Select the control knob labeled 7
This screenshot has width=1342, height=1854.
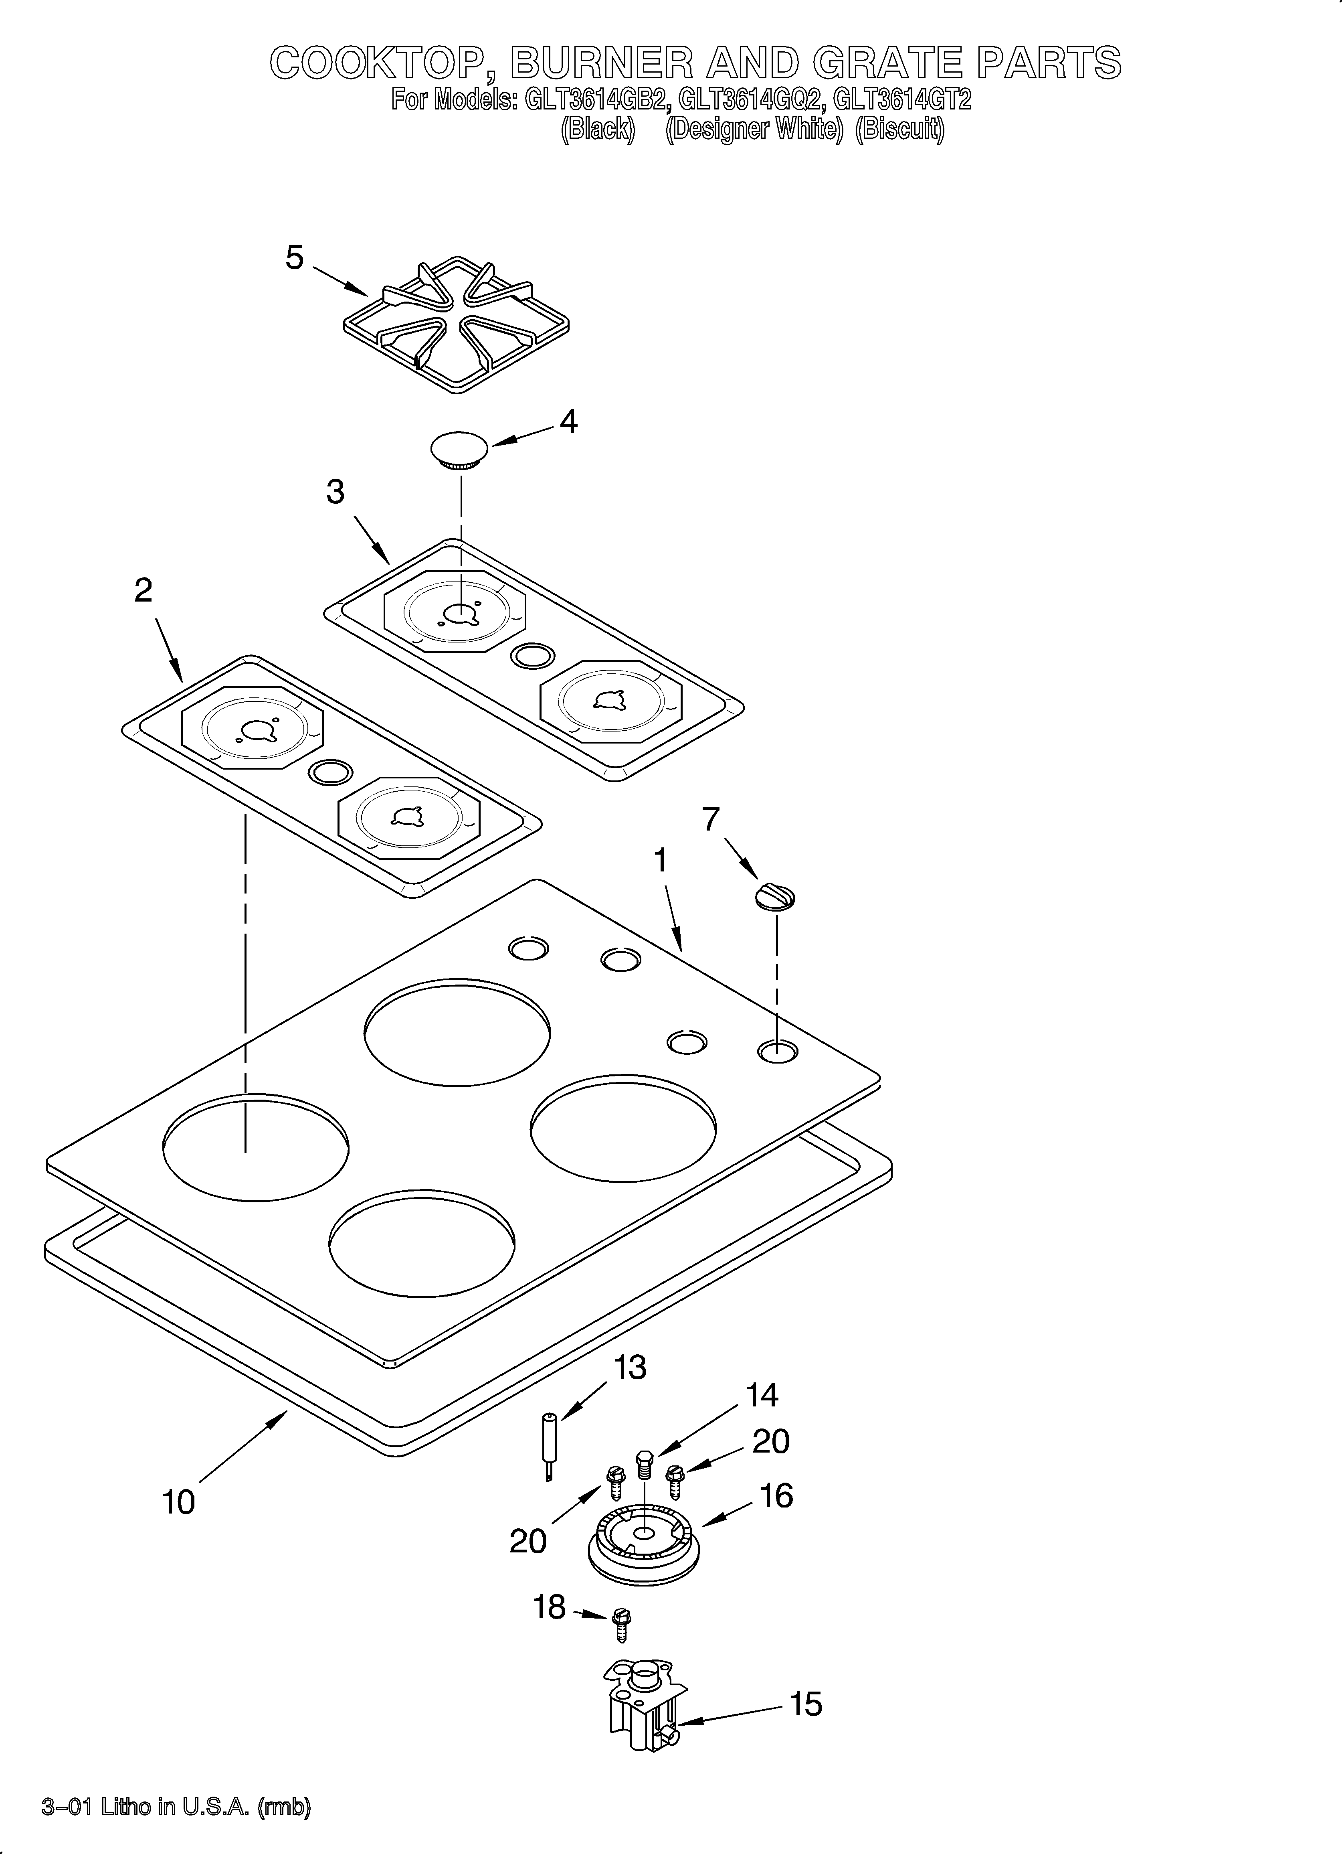click(x=775, y=897)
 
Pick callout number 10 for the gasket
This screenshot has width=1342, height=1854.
click(x=178, y=1501)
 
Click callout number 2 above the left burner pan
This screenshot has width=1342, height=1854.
click(x=143, y=590)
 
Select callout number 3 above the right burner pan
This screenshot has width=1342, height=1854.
click(x=335, y=492)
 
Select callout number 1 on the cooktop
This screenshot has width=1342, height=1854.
click(x=660, y=860)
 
